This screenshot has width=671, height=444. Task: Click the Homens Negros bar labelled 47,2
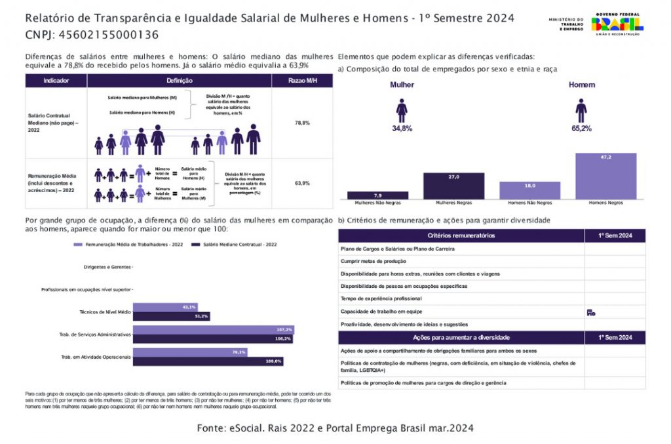[x=605, y=176]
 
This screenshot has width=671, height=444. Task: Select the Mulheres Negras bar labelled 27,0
[x=453, y=186]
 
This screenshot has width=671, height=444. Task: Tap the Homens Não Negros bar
[x=529, y=190]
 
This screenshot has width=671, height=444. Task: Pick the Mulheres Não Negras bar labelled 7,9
[x=377, y=195]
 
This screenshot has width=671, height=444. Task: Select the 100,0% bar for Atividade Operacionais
[x=208, y=361]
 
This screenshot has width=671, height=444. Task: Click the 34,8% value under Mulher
[x=402, y=129]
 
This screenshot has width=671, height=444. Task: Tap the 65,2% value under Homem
[x=581, y=129]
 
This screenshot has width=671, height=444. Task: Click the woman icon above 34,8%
[x=402, y=111]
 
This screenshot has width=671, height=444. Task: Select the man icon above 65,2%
[x=581, y=110]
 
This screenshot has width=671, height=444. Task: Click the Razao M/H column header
[x=302, y=81]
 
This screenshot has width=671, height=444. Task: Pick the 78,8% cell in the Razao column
[x=302, y=123]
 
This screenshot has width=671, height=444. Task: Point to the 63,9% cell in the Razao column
[x=302, y=183]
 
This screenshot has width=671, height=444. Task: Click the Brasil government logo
[x=617, y=25]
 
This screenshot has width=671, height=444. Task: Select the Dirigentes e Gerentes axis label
[x=107, y=267]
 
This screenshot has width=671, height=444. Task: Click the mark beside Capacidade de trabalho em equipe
[x=590, y=312]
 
